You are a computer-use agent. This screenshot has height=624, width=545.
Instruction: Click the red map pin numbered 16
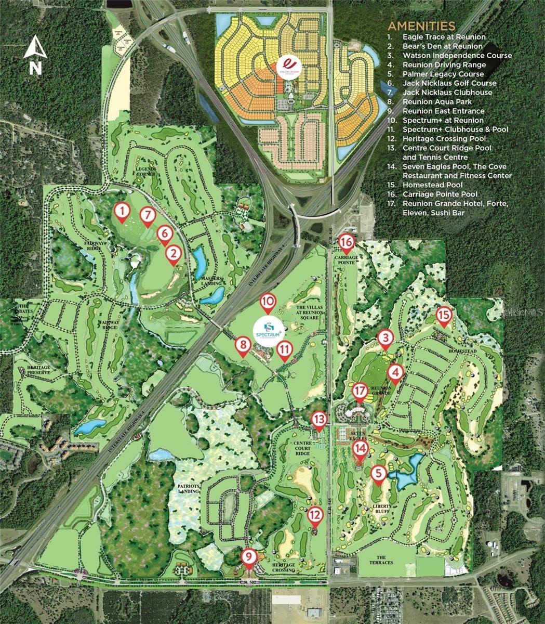pos(347,242)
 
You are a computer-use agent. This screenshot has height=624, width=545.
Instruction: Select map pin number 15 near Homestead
pos(443,315)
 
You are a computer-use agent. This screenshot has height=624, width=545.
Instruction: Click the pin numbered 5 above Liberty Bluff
pos(379,474)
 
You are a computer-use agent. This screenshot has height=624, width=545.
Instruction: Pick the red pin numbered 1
pos(122,211)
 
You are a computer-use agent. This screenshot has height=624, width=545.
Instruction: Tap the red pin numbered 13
pos(318,419)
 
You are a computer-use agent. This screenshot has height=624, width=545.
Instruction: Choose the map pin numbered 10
pos(267,302)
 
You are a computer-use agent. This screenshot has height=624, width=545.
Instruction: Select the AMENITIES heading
pos(421,26)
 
